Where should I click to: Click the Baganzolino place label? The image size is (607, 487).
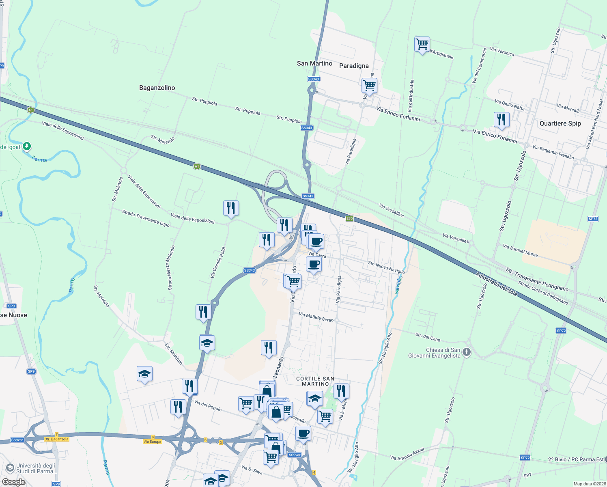(x=157, y=88)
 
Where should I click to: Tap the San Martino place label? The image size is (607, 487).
(x=314, y=63)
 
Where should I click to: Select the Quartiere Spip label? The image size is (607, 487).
(x=560, y=123)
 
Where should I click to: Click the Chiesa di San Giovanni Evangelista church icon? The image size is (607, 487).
(x=467, y=352)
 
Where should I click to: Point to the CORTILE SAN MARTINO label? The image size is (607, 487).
(x=315, y=381)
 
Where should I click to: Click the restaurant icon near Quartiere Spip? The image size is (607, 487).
(x=502, y=120)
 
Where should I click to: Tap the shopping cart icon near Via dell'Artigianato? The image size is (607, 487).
(x=422, y=44)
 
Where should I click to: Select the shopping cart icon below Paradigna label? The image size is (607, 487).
(x=369, y=86)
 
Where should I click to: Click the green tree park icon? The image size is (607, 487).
(x=27, y=146)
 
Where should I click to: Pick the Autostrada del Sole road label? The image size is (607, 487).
(x=496, y=284)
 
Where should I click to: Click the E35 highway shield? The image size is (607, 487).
(x=349, y=218)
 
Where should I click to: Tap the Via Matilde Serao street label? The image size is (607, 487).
(x=316, y=317)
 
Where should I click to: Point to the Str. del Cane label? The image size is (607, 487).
(x=428, y=337)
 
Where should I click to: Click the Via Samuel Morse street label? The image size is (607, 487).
(x=520, y=250)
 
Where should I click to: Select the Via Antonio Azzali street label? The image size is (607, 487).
(x=407, y=454)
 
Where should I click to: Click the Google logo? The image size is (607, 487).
(x=14, y=482)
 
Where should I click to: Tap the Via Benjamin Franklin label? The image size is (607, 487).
(x=553, y=152)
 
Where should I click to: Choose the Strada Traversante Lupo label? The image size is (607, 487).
(x=146, y=218)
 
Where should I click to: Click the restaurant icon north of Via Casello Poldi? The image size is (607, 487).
(x=231, y=208)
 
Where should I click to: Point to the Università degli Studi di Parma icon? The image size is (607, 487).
(x=10, y=468)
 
